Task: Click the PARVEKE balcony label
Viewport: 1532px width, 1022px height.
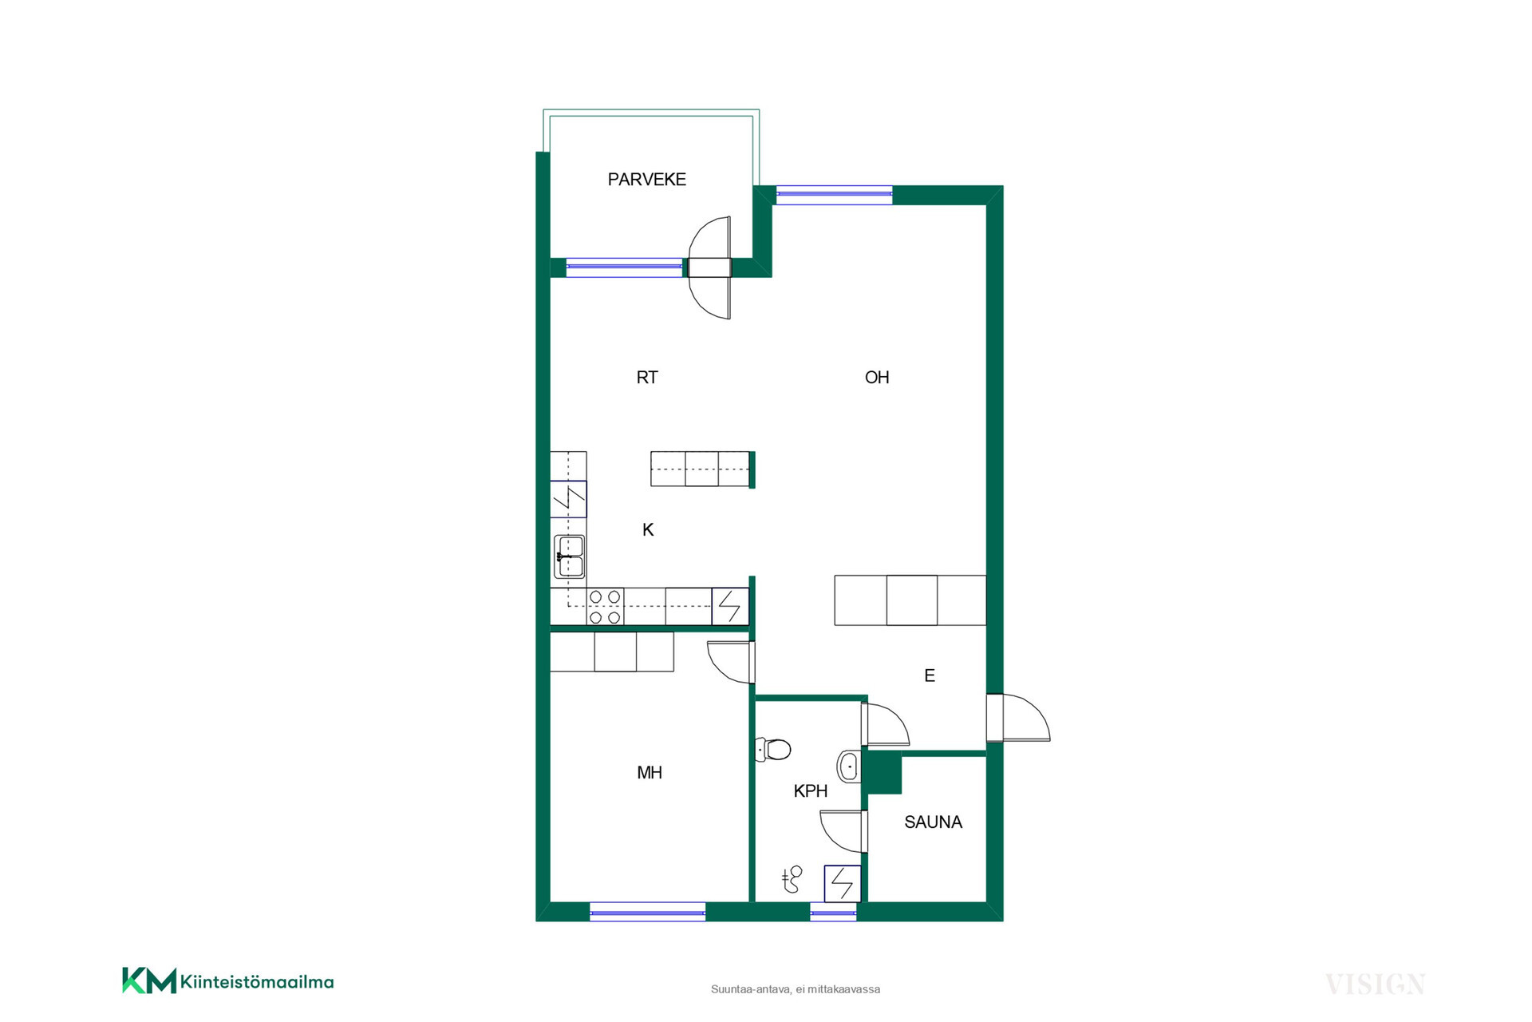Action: click(646, 180)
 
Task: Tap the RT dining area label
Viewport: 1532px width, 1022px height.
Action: click(647, 378)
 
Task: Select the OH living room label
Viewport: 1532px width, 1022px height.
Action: click(877, 378)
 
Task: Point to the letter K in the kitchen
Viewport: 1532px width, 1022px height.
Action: click(648, 529)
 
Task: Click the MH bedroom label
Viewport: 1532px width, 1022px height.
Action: click(650, 772)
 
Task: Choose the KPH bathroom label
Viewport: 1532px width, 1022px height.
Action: click(810, 791)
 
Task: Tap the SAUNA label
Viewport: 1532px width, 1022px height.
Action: click(933, 822)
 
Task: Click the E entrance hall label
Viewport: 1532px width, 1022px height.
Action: click(930, 675)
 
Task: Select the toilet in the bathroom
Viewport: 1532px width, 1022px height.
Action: click(772, 749)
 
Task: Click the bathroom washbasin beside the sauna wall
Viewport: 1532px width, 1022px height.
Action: click(848, 766)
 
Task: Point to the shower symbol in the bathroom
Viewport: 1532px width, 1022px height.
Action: click(792, 879)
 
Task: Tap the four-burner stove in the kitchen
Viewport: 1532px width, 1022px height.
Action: click(605, 607)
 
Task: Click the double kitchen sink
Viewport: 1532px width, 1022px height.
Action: click(569, 557)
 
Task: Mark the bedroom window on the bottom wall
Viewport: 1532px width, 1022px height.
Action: click(647, 911)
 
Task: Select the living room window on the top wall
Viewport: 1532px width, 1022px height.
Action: click(834, 194)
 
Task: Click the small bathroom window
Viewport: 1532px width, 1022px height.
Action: click(833, 912)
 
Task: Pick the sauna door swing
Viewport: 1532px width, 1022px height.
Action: click(844, 831)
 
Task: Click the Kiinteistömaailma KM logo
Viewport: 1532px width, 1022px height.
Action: click(228, 981)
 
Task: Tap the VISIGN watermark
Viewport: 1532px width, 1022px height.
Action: click(1375, 984)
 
